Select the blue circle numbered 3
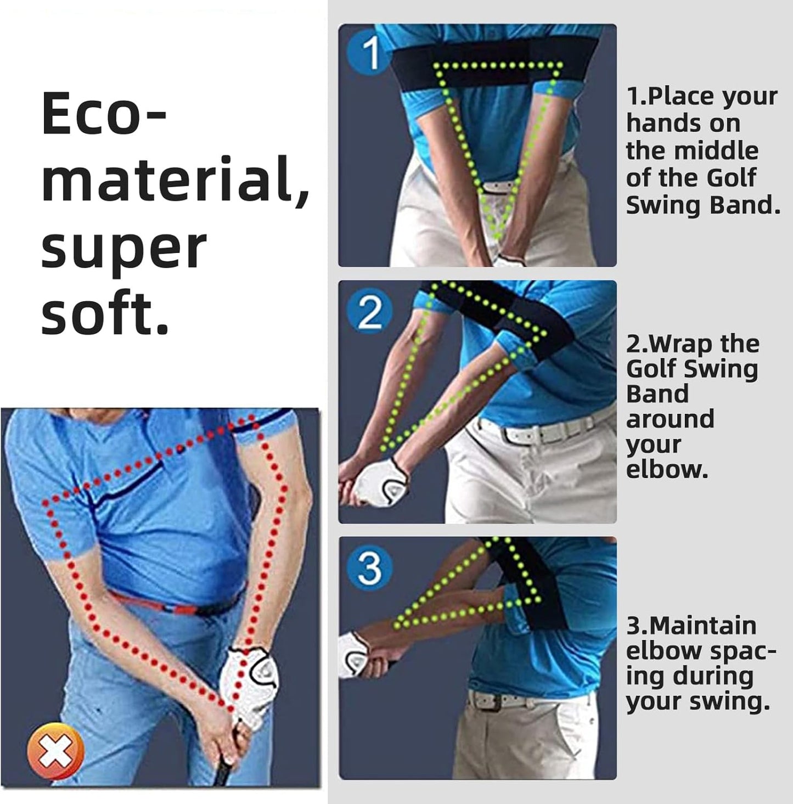click(369, 568)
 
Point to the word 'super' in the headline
click(123, 249)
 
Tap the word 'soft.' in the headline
click(104, 314)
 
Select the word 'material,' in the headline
click(175, 181)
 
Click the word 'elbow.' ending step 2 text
click(667, 469)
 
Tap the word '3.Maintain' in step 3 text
click(691, 625)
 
